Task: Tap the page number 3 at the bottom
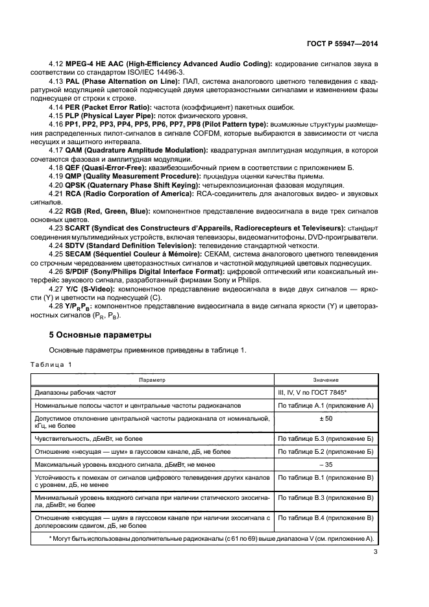point(375,552)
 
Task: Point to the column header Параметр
point(151,380)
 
